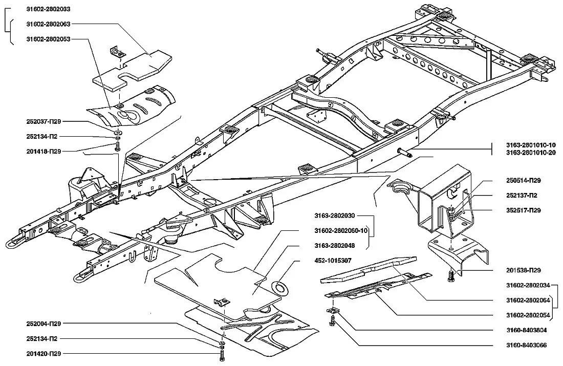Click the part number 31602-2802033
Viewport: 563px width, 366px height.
coord(48,9)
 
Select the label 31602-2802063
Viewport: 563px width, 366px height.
coord(48,24)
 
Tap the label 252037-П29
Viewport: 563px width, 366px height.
coord(44,122)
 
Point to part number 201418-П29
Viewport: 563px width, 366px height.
coord(44,152)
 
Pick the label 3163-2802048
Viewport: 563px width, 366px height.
coord(333,246)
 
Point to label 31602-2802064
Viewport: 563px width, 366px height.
coord(527,300)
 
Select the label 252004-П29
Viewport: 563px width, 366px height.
coord(44,324)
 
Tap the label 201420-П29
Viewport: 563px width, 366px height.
coord(44,354)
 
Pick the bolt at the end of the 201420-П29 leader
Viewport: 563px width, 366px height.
coord(222,354)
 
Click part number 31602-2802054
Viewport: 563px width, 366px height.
coord(527,315)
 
